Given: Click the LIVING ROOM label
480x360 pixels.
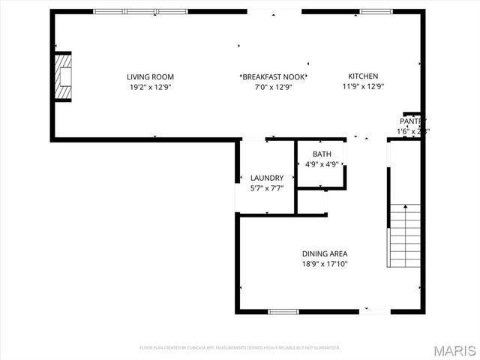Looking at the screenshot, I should (150, 76).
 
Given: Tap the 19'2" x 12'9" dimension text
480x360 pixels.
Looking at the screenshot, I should (150, 87).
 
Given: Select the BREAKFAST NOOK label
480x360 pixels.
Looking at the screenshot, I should (273, 76).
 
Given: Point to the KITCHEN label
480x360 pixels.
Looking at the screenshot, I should (363, 76).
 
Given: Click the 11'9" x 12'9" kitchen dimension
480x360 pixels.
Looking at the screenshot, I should (363, 87).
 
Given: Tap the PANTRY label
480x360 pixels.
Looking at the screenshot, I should (412, 121).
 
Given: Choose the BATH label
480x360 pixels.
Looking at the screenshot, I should (320, 154).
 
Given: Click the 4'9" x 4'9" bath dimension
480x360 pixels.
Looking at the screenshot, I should (320, 164).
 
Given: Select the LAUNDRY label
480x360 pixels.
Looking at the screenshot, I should (267, 178).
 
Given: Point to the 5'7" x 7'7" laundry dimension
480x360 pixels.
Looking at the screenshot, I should (267, 188).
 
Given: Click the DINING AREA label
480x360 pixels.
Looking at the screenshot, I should (325, 253).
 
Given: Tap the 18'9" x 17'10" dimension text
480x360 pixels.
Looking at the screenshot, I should (325, 264).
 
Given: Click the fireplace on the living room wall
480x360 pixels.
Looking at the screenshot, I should (63, 76).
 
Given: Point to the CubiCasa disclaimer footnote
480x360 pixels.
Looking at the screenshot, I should (240, 348).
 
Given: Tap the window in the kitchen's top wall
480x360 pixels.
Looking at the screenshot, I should (376, 11).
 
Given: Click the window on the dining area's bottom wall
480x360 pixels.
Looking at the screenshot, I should (283, 311).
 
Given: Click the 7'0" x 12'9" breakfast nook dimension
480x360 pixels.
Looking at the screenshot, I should (273, 87).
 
